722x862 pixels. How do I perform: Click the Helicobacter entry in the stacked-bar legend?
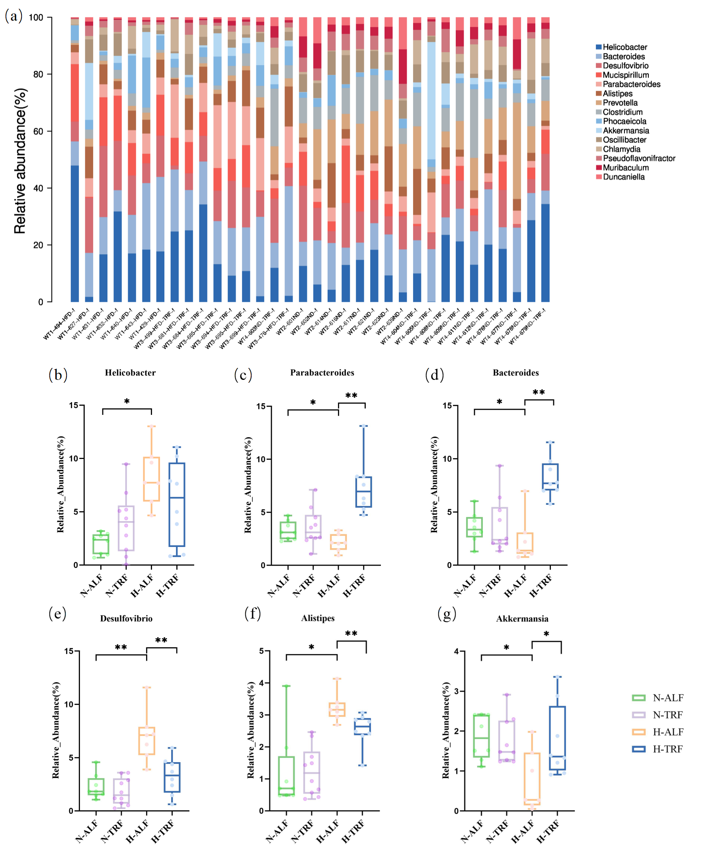coord(624,47)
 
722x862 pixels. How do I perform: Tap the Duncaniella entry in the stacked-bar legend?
coord(623,177)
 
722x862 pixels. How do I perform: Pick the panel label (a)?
coord(14,16)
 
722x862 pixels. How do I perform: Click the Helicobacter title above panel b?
coord(130,373)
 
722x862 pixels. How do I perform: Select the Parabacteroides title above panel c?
coord(322,373)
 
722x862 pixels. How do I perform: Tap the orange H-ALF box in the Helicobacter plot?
coord(152,479)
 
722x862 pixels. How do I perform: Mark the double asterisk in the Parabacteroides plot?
coord(351,396)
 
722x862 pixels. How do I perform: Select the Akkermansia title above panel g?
coord(522,619)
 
